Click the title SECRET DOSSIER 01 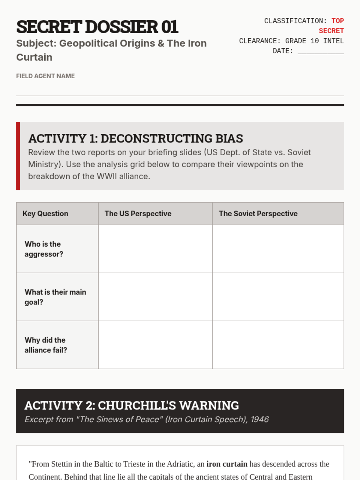pyautogui.click(x=97, y=27)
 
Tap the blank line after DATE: pyautogui.click(x=321, y=52)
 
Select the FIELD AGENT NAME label pyautogui.click(x=45, y=76)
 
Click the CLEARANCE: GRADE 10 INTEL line pyautogui.click(x=291, y=41)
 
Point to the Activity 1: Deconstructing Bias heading pyautogui.click(x=136, y=139)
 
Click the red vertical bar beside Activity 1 pyautogui.click(x=18, y=156)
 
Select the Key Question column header pyautogui.click(x=46, y=214)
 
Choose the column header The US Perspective pyautogui.click(x=138, y=214)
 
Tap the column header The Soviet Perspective pyautogui.click(x=258, y=214)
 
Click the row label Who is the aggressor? pyautogui.click(x=44, y=249)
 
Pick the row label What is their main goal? pyautogui.click(x=55, y=297)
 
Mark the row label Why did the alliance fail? pyautogui.click(x=46, y=345)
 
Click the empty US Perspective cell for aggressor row pyautogui.click(x=155, y=249)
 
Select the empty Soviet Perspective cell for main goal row pyautogui.click(x=278, y=297)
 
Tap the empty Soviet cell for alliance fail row pyautogui.click(x=278, y=345)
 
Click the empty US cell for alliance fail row pyautogui.click(x=155, y=345)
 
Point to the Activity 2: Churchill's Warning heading pyautogui.click(x=132, y=406)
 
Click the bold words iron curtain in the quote pyautogui.click(x=227, y=464)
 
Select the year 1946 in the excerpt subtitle pyautogui.click(x=260, y=419)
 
